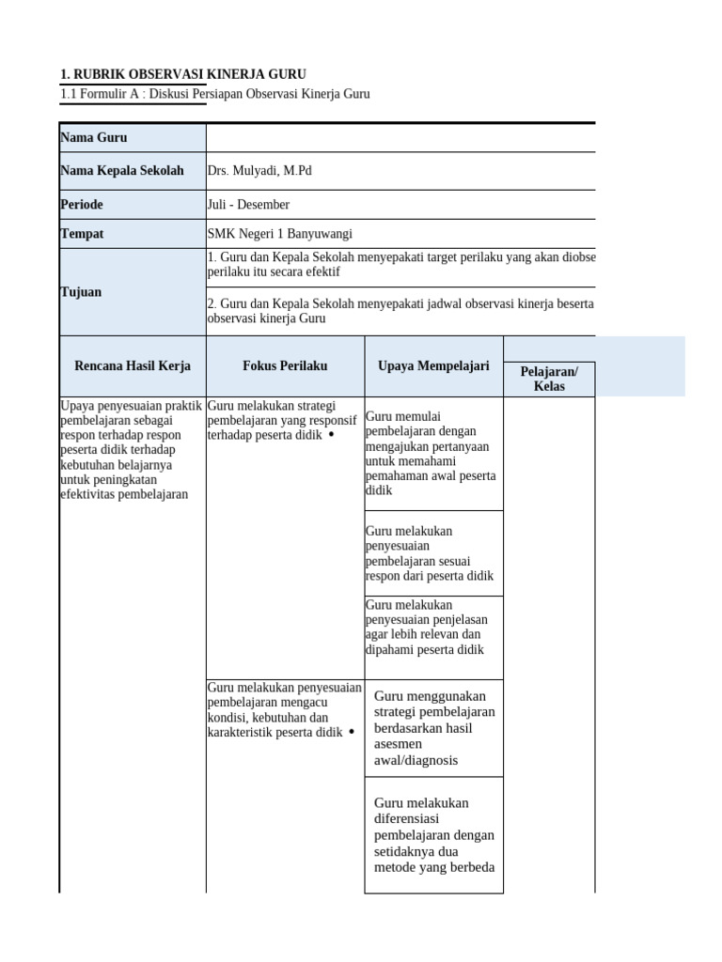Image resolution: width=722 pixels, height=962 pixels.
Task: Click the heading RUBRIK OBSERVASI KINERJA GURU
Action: [x=182, y=74]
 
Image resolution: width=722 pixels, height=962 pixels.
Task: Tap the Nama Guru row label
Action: [x=94, y=138]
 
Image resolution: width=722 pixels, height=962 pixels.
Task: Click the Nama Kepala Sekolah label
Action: [x=122, y=171]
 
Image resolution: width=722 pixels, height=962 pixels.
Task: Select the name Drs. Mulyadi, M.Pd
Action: [x=259, y=171]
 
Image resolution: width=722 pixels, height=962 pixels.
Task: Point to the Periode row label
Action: [x=82, y=204]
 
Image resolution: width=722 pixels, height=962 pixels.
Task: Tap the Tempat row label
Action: [x=82, y=233]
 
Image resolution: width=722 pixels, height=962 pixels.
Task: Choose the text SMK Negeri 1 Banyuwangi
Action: [x=279, y=234]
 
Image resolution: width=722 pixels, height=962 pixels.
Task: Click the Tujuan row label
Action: [x=81, y=292]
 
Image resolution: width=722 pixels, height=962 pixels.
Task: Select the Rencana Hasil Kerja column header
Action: [x=133, y=366]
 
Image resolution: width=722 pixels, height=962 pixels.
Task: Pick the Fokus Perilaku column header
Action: [x=285, y=366]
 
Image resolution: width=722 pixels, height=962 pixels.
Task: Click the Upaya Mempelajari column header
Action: [x=433, y=366]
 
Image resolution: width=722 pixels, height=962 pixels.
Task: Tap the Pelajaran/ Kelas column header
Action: [x=549, y=379]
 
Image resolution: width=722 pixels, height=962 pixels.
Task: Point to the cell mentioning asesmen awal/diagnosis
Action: [x=433, y=728]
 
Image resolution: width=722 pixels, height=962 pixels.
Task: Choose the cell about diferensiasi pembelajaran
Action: [x=433, y=835]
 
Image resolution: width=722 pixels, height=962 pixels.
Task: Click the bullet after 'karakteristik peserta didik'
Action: [x=351, y=732]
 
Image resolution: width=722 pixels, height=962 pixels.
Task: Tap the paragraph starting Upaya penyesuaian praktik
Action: [x=131, y=450]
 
